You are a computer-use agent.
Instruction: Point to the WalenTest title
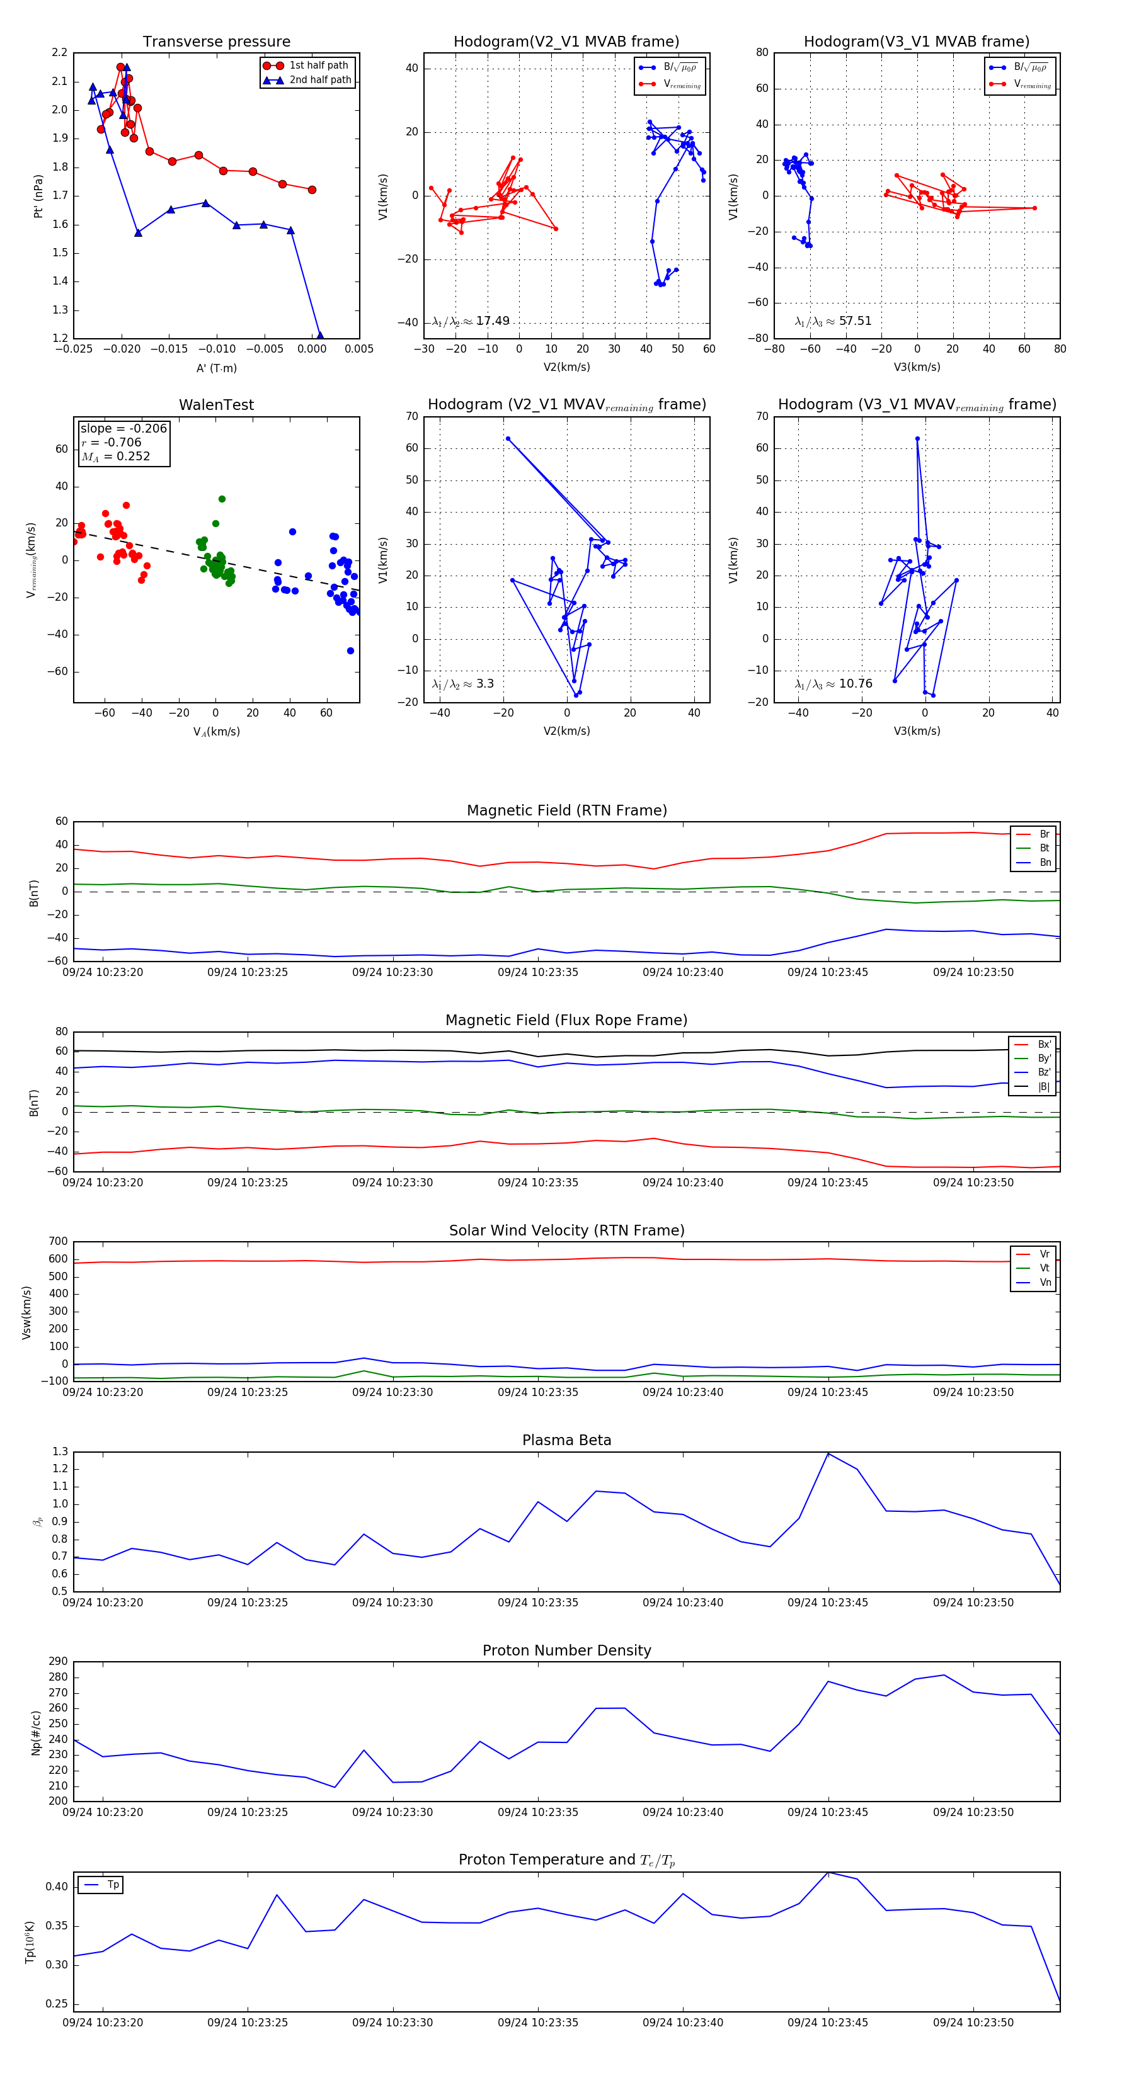pos(216,405)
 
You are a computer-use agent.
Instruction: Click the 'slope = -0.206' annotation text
pos(123,428)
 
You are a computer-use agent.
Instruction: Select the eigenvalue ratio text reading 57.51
pos(855,321)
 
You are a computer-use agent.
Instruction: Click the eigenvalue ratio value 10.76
pos(855,684)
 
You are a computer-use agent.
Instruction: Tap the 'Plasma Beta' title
pos(566,1440)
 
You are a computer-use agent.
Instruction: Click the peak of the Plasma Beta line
pos(828,1453)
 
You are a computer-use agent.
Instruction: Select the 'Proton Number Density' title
pos(566,1650)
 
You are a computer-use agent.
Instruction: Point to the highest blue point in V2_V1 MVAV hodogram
pos(508,439)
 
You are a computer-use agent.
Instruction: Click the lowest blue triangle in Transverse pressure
pos(319,336)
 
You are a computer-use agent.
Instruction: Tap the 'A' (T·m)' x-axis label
pos(216,368)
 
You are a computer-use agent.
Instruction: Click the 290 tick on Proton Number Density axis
pos(58,1661)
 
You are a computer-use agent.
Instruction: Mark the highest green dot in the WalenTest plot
pos(222,499)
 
